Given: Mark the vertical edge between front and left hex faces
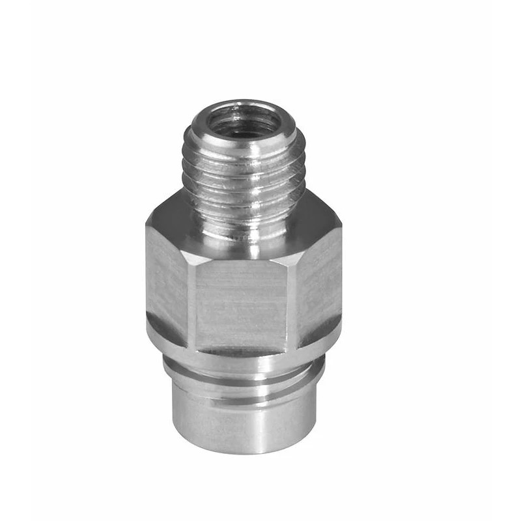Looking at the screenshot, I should click(x=193, y=300).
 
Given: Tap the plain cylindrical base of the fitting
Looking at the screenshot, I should click(x=242, y=423).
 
